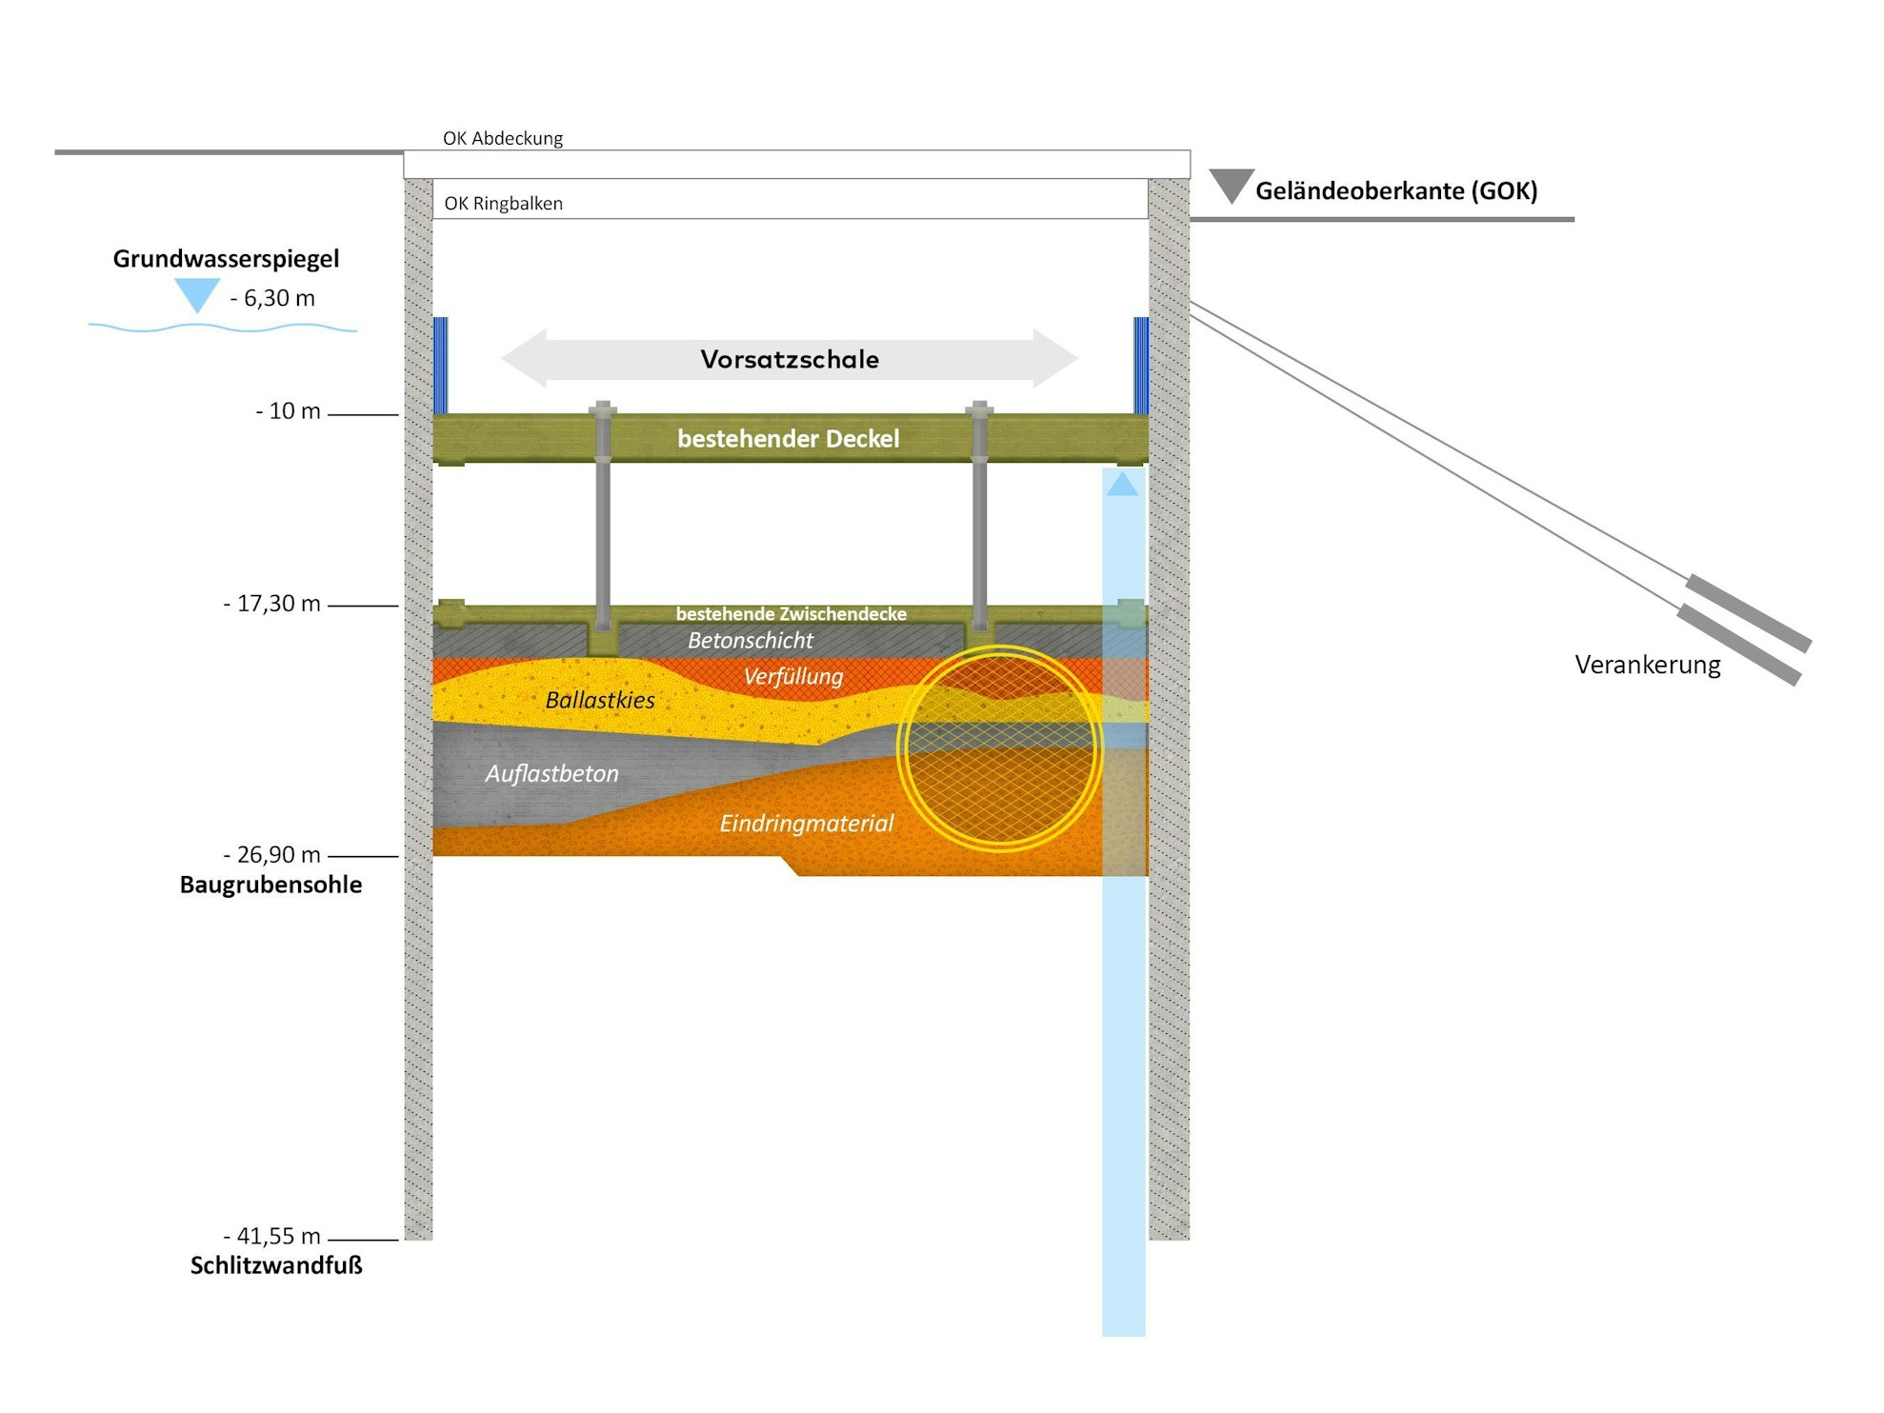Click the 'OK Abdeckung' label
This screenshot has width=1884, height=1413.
coord(503,138)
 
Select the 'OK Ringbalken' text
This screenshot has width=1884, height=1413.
coord(503,203)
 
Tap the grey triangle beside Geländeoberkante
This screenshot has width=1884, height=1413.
coord(1231,184)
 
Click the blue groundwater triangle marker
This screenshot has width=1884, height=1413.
coord(197,294)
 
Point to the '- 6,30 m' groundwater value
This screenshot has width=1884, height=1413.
coord(272,298)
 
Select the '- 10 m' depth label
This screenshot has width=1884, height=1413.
coord(288,411)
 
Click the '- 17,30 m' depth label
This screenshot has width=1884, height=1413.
coord(271,604)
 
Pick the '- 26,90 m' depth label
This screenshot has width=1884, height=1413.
coord(271,854)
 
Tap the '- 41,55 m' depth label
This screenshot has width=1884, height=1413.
coord(271,1236)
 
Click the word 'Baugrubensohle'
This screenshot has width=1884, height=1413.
coord(271,885)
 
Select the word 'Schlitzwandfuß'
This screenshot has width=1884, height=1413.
coord(276,1265)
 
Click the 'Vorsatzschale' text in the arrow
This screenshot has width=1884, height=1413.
coord(790,359)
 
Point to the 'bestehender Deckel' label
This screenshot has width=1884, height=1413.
coord(788,438)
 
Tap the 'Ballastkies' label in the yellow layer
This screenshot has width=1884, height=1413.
coord(600,700)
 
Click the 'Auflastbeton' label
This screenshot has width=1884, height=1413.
coord(551,773)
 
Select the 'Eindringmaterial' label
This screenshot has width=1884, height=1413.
coord(806,823)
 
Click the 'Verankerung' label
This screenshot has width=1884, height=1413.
coord(1647,665)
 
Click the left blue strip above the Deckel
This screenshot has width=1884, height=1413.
coord(440,365)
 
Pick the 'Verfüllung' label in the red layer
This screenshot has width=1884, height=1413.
coord(792,676)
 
